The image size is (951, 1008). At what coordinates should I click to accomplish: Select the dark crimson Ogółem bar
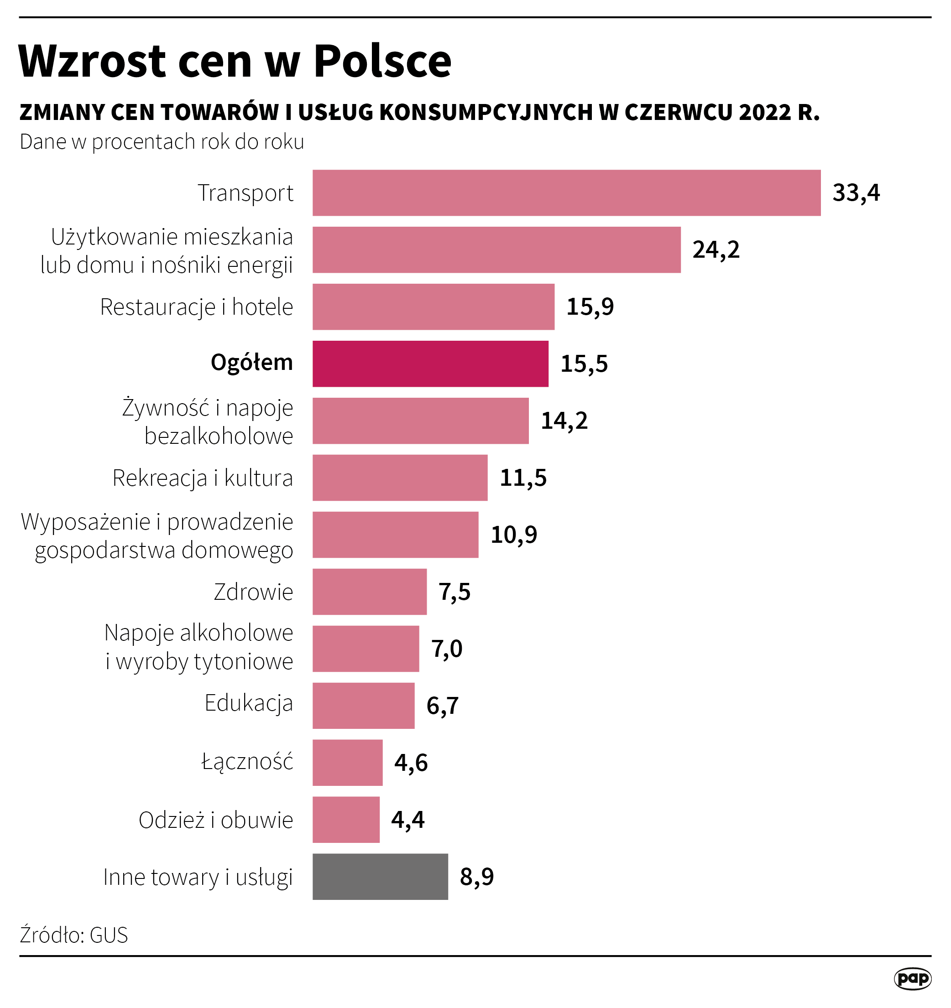click(430, 364)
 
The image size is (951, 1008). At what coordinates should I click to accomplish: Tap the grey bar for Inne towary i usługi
click(380, 877)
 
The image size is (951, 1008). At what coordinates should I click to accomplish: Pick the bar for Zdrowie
click(369, 592)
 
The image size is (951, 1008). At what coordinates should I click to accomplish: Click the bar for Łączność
click(347, 763)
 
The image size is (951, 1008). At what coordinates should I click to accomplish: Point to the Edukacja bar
click(363, 706)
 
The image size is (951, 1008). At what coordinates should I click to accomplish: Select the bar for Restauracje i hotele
click(433, 307)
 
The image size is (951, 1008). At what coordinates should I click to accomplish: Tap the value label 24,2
click(716, 250)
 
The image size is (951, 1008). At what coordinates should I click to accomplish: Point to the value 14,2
click(564, 421)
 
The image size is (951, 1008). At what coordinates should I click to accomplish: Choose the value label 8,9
click(476, 877)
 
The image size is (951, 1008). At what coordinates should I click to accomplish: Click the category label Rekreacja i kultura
click(202, 478)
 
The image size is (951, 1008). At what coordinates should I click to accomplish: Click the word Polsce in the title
click(382, 62)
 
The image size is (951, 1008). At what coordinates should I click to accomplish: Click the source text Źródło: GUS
click(74, 935)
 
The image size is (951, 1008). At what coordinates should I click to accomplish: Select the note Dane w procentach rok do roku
click(162, 142)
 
